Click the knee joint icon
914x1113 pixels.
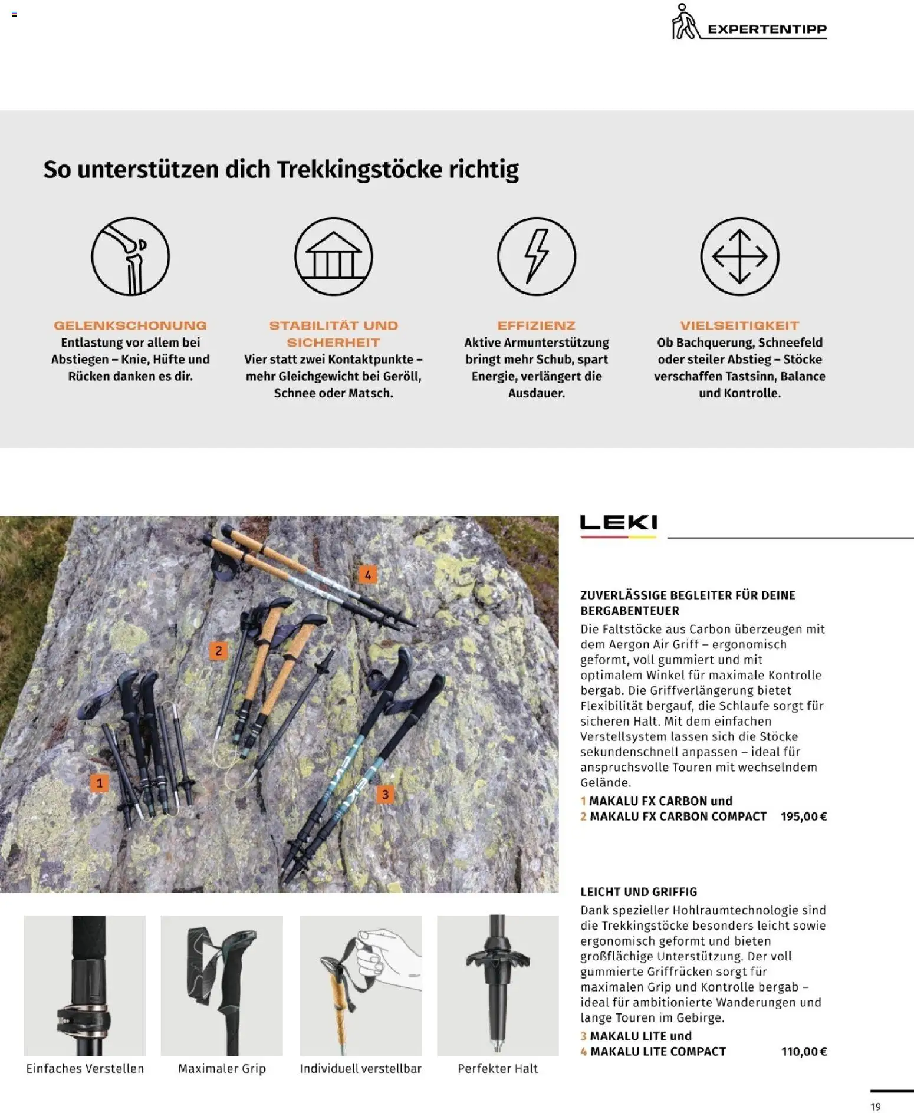click(130, 256)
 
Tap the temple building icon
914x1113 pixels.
click(333, 256)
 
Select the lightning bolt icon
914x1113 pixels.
click(536, 256)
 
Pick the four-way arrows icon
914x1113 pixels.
click(739, 256)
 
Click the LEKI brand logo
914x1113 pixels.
click(618, 523)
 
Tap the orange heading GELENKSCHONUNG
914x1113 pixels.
click(130, 325)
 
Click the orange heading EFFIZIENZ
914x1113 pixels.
click(536, 325)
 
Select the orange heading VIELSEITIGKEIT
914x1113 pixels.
click(739, 325)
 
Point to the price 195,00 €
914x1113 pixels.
click(803, 816)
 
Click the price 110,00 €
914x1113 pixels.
click(803, 1051)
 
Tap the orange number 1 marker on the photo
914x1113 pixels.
click(99, 783)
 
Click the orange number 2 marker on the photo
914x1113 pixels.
click(218, 651)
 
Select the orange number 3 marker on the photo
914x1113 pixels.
click(385, 794)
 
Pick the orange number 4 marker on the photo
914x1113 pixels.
click(367, 575)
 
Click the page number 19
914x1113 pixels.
click(876, 1107)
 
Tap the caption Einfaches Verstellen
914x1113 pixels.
click(85, 1068)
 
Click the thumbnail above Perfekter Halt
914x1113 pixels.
click(498, 985)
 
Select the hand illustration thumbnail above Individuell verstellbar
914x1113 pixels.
click(360, 985)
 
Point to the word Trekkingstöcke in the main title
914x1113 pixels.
click(359, 170)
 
